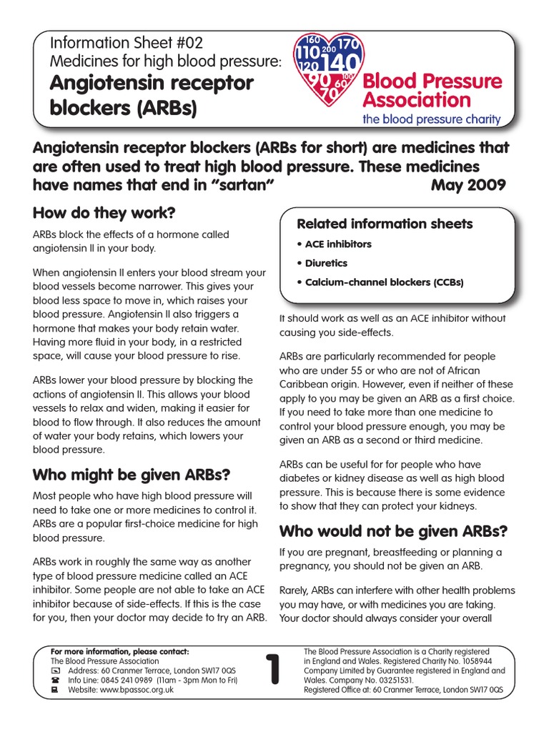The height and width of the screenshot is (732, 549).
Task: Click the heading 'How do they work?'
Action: tap(104, 213)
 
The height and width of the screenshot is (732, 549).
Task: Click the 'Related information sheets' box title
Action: tap(385, 224)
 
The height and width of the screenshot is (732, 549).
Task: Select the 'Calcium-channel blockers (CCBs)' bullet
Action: tap(381, 282)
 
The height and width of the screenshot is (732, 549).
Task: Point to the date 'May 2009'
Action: tap(469, 186)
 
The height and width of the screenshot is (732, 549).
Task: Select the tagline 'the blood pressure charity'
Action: tap(432, 119)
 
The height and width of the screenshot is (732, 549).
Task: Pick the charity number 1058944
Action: tap(484, 662)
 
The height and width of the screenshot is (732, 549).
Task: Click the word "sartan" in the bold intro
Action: tap(239, 186)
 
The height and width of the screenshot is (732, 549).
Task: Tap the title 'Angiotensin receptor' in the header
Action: tap(151, 84)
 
